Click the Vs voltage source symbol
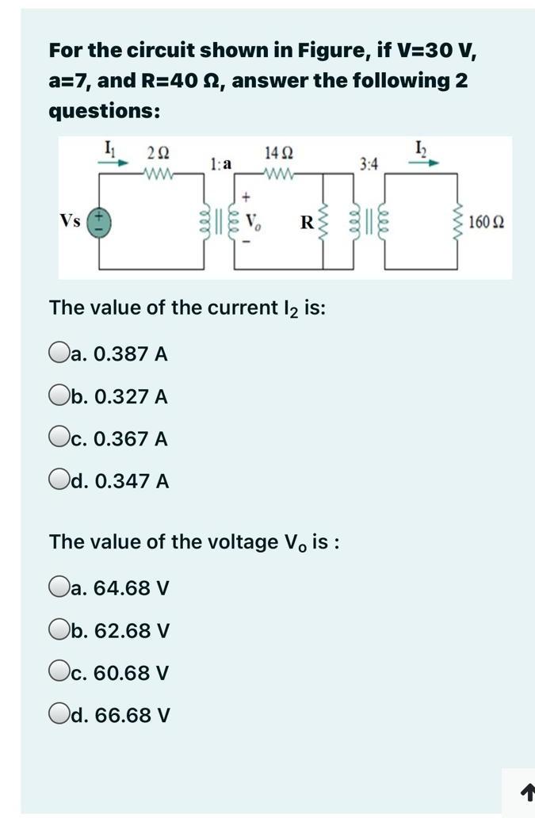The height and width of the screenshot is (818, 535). click(x=98, y=221)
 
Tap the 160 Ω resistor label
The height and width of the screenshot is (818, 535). click(x=484, y=222)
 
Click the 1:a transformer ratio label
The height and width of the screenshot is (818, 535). click(x=221, y=164)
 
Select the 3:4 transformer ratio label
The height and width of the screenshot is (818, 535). click(x=369, y=164)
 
